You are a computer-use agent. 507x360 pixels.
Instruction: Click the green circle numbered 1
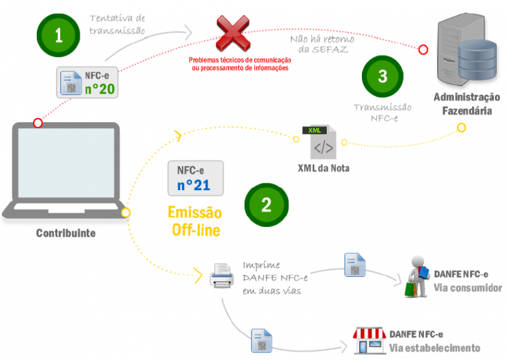[58, 35]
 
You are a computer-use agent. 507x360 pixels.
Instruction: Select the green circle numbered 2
[266, 205]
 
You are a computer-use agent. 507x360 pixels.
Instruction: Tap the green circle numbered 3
[383, 76]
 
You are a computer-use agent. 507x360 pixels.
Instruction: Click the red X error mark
[233, 34]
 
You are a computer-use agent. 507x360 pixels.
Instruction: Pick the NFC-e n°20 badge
[87, 82]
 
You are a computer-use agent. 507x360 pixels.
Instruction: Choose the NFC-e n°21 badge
[196, 178]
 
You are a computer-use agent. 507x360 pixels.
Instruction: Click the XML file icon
[319, 142]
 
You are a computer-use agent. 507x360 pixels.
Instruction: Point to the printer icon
[221, 276]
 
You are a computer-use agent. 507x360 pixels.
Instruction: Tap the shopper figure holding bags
[417, 276]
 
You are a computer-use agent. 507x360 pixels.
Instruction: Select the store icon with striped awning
[369, 340]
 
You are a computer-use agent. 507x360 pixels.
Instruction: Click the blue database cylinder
[477, 60]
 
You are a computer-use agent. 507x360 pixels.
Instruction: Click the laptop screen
[67, 163]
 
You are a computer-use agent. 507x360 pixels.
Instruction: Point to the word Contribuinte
[66, 233]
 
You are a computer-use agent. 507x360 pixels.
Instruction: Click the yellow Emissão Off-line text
[195, 222]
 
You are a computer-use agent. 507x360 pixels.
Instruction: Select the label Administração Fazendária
[467, 104]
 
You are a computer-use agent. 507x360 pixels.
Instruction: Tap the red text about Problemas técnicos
[240, 64]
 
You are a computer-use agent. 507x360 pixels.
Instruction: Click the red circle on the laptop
[38, 123]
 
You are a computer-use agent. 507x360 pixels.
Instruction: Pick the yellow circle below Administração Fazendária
[461, 128]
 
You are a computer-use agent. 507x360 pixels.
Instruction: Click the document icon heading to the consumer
[355, 265]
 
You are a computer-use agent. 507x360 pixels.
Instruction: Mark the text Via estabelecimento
[434, 348]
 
